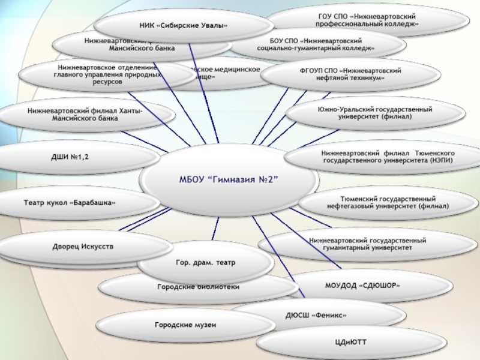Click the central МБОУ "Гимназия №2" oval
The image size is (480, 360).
(x=231, y=179)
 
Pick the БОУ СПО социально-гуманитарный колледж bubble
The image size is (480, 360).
(x=318, y=43)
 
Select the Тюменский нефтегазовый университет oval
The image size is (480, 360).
(x=388, y=202)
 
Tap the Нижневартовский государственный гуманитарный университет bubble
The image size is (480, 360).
(x=367, y=244)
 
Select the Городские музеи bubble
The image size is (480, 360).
(x=185, y=325)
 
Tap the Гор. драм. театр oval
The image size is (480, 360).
(x=205, y=262)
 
